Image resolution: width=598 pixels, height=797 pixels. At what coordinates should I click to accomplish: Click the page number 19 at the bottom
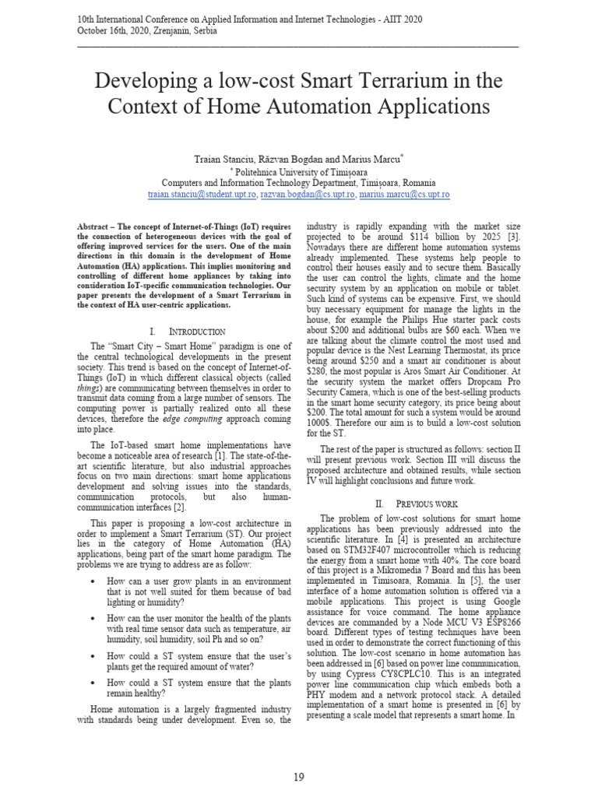299,778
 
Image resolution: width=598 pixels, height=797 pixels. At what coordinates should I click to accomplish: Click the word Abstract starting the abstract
93,224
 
